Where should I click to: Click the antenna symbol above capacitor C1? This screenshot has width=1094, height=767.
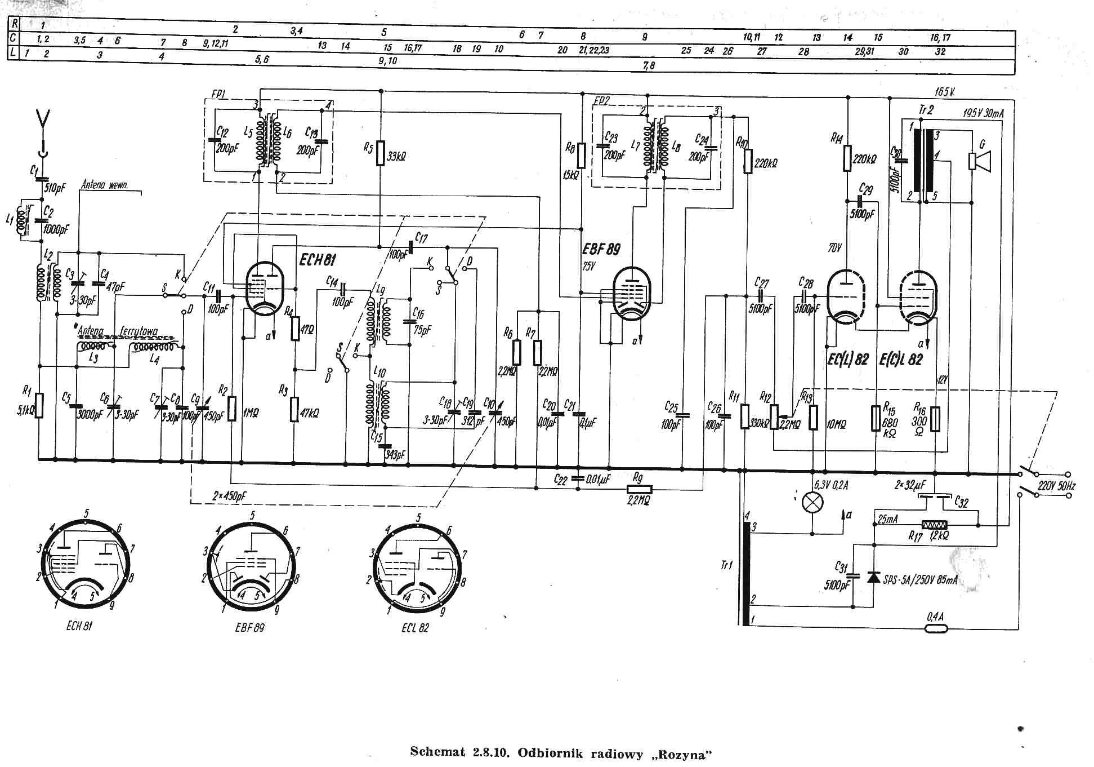coord(43,120)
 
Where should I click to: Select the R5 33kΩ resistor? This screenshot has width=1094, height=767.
coord(381,153)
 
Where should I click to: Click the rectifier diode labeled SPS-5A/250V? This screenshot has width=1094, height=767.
coord(874,577)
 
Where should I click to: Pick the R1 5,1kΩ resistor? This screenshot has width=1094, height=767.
coord(39,405)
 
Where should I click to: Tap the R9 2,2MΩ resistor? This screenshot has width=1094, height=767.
coord(639,489)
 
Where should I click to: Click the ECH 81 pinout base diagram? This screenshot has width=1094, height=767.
coord(86,564)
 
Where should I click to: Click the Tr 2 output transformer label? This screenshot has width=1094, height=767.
coord(926,110)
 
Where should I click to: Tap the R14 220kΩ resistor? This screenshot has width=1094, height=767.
coord(847,158)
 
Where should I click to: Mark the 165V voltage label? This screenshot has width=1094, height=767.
coord(945,92)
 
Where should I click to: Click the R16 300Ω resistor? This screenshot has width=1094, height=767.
coord(935,419)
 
